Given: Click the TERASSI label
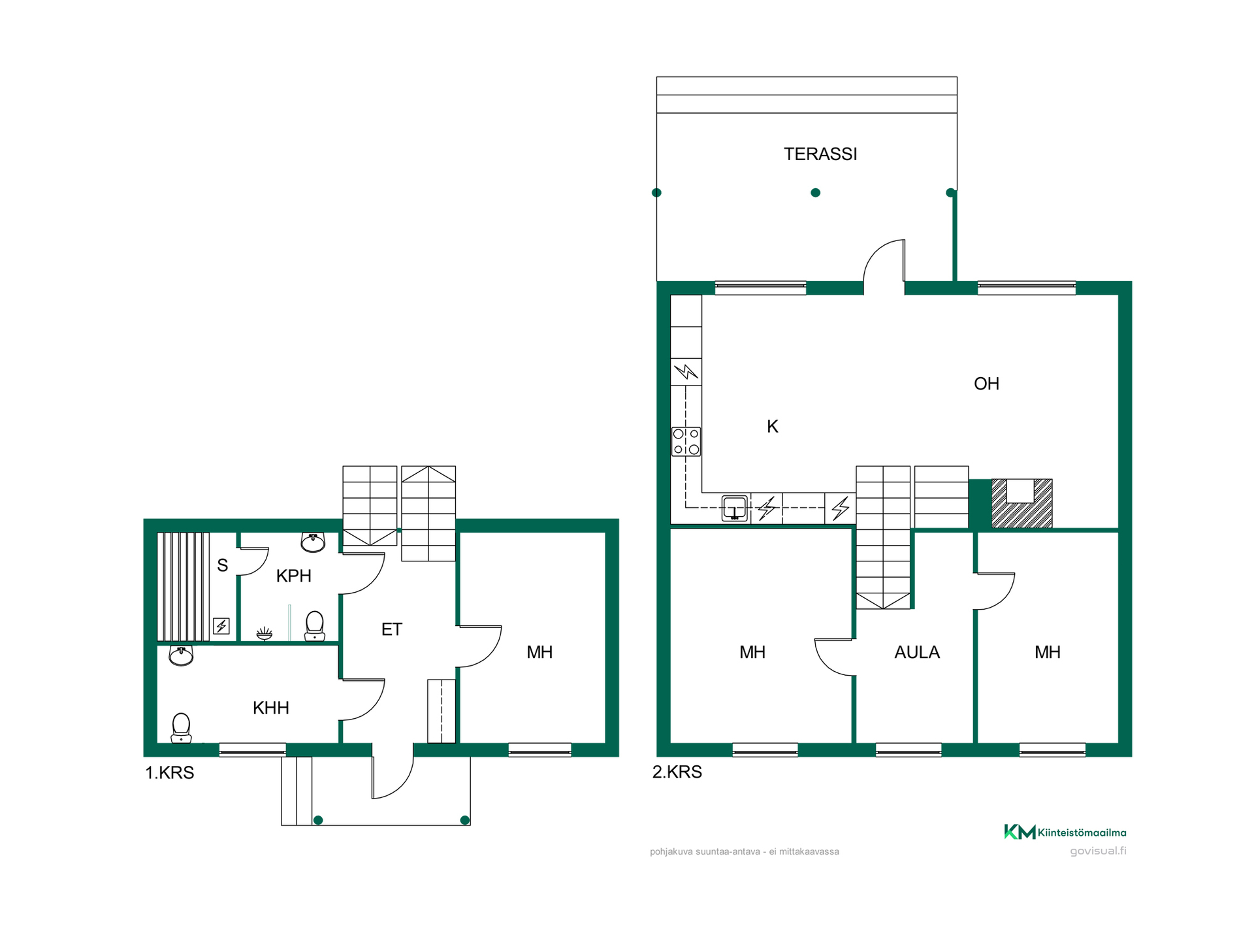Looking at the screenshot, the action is [820, 154].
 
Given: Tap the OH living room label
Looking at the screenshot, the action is [986, 384].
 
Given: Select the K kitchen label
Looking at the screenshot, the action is [773, 427].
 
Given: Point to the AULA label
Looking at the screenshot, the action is [917, 652].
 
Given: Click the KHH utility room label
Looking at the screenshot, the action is [271, 708].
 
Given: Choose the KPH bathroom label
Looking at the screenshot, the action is [294, 576].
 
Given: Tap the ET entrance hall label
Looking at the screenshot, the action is [392, 629].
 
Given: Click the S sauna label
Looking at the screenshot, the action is [223, 565].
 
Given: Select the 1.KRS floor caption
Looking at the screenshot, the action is [169, 772].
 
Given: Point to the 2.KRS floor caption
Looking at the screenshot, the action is [677, 772].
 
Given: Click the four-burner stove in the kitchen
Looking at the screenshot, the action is [686, 442].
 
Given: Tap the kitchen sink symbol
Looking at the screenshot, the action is [735, 508].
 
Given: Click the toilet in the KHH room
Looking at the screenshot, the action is [181, 728].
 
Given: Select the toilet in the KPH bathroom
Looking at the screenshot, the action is [315, 626].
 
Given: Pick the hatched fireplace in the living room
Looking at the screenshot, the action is [1022, 503].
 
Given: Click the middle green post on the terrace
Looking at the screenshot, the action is [815, 193].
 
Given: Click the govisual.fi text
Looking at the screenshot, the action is [1098, 851].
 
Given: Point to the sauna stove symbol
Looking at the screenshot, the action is [221, 626].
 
